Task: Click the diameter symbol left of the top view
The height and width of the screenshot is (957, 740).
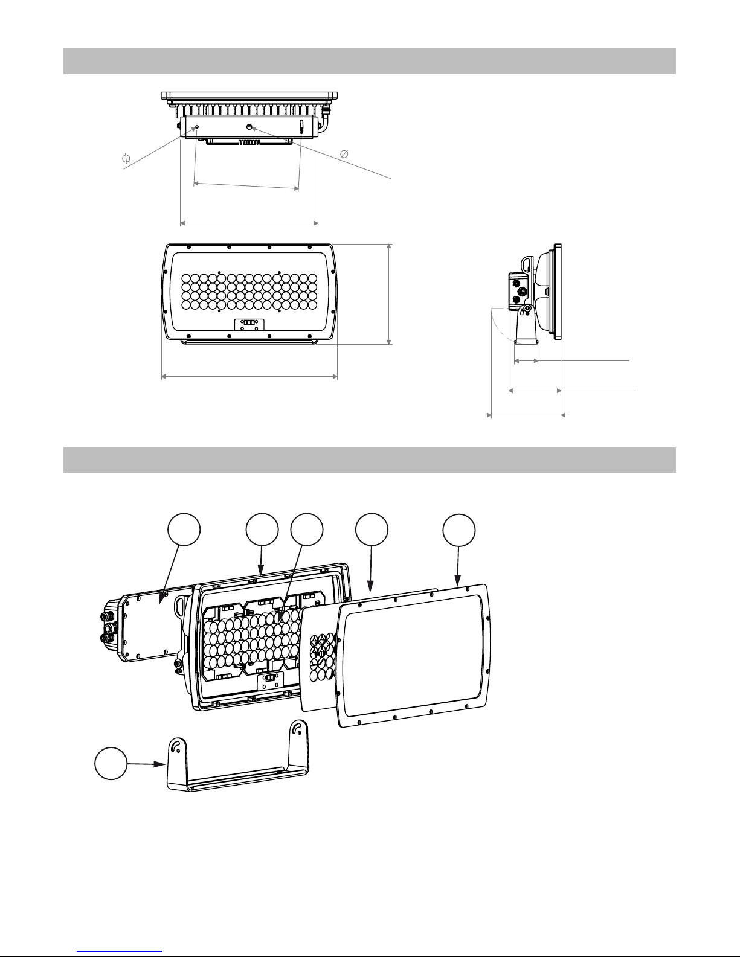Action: coord(126,158)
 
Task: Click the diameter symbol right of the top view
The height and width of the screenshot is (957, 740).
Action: coord(344,154)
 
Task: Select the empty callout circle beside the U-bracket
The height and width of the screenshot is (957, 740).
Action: coord(111,763)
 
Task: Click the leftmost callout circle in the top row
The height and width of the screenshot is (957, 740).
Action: coord(185,530)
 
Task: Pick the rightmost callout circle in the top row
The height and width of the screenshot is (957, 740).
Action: coord(459,530)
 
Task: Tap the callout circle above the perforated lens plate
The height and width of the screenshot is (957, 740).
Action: coord(372,530)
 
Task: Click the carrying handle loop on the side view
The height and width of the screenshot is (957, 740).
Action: coord(527,264)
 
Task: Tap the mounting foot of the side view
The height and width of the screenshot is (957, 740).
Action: coord(526,330)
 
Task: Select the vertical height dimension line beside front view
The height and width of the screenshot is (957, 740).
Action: coord(388,294)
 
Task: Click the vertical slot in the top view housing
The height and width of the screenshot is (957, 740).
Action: coord(301,126)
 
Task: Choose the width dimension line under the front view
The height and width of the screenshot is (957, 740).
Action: coord(249,377)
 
